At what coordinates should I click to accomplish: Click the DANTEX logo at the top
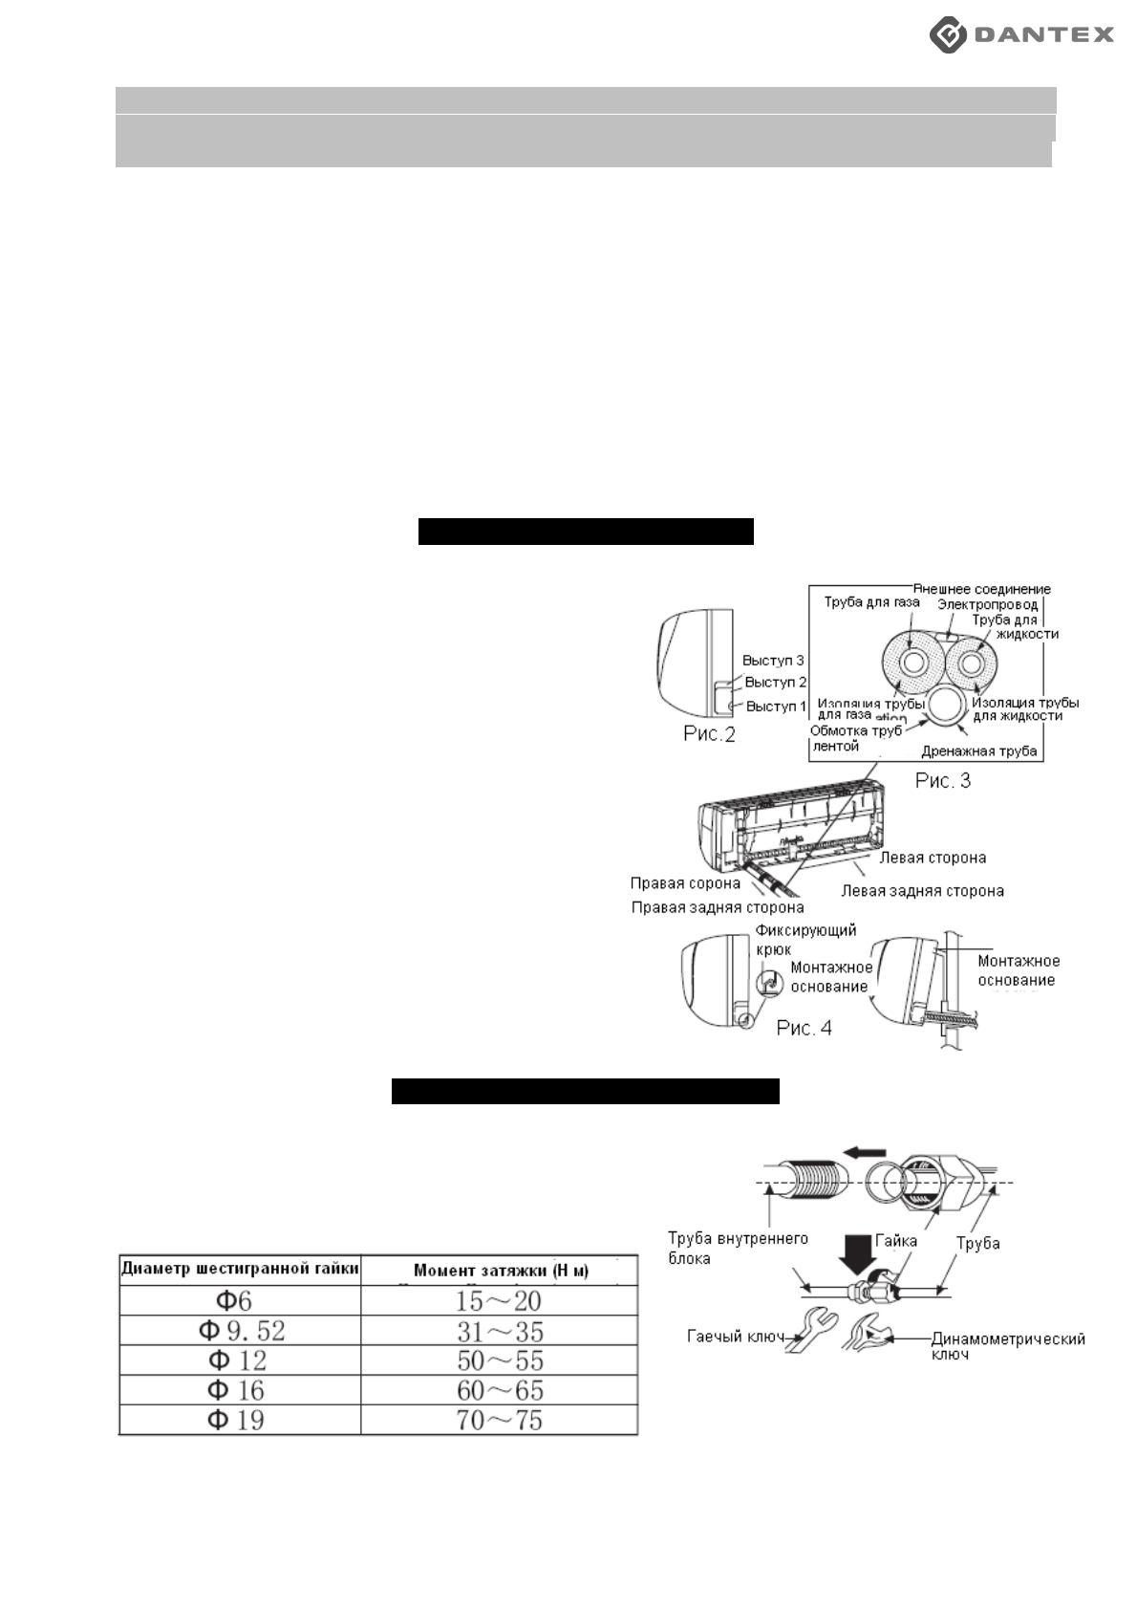coord(1021,35)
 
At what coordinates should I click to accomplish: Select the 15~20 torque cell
coord(499,1300)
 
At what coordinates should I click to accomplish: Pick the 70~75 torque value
coord(499,1420)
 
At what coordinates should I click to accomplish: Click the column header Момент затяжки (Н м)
coord(501,1271)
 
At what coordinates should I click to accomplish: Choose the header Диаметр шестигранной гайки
coord(240,1269)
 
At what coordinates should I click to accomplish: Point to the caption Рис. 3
coord(942,780)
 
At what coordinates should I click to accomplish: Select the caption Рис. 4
coord(804,1028)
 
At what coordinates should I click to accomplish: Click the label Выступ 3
coord(773,661)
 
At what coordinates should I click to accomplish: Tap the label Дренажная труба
coord(978,751)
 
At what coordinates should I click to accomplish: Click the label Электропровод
coord(987,604)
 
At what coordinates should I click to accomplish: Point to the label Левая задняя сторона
coord(922,891)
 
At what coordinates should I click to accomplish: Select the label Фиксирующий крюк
coord(804,939)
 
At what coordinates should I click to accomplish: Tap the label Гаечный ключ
coord(729,1336)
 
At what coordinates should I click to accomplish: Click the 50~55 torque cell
coord(499,1360)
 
